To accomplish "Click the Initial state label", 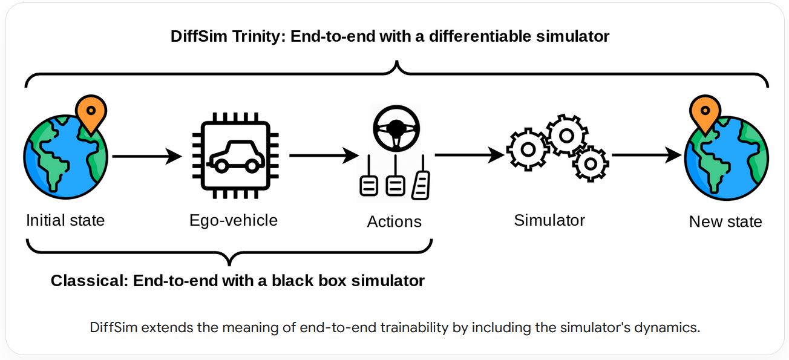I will pyautogui.click(x=65, y=220).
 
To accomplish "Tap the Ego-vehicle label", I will pyautogui.click(x=233, y=220).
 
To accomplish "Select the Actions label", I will pyautogui.click(x=394, y=221).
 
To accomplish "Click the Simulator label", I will pyautogui.click(x=549, y=220).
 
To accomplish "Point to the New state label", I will pyautogui.click(x=725, y=221).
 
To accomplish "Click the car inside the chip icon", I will pyautogui.click(x=233, y=156).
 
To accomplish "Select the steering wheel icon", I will pyautogui.click(x=396, y=128).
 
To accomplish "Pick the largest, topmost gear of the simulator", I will pyautogui.click(x=566, y=135).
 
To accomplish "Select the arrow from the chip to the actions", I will pyautogui.click(x=324, y=156).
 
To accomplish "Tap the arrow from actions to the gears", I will pyautogui.click(x=470, y=155).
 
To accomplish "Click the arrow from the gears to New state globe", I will pyautogui.click(x=646, y=155).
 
